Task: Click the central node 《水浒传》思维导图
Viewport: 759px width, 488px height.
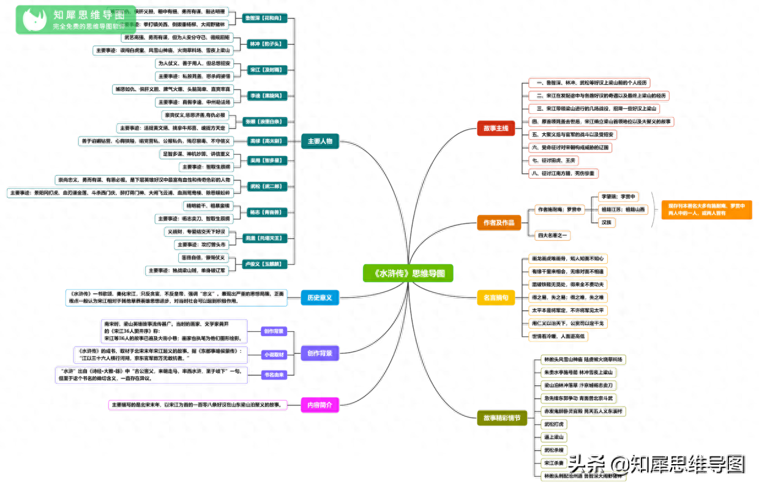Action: [x=407, y=273]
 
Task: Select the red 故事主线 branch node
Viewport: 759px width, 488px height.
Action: [x=496, y=128]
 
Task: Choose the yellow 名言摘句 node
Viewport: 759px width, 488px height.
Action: [x=496, y=298]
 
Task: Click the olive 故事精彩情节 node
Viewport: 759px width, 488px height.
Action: [x=502, y=418]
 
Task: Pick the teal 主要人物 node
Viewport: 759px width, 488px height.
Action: [x=320, y=141]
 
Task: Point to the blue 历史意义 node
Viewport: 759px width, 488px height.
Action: [x=320, y=298]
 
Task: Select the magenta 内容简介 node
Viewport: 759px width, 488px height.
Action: [x=320, y=405]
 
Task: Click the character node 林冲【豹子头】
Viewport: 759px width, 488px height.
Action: [x=264, y=44]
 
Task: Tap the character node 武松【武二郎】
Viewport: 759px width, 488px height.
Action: [x=264, y=186]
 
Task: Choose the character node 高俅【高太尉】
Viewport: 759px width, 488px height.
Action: [x=264, y=141]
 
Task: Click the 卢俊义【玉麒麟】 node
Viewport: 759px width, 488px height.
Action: [x=264, y=264]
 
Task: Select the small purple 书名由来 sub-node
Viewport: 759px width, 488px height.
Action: [x=274, y=375]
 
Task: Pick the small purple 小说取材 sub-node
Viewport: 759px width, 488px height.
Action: [x=274, y=354]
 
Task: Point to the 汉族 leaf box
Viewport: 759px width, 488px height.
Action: [x=607, y=222]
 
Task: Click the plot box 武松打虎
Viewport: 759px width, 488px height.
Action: [x=555, y=424]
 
